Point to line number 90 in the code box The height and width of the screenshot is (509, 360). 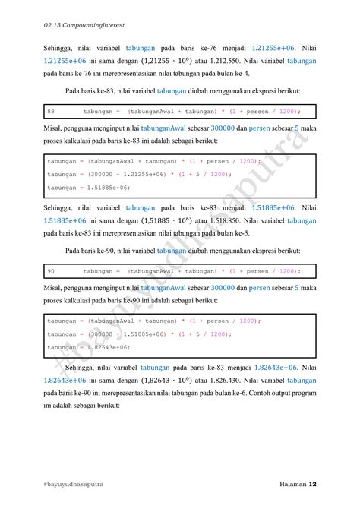[x=51, y=270]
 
